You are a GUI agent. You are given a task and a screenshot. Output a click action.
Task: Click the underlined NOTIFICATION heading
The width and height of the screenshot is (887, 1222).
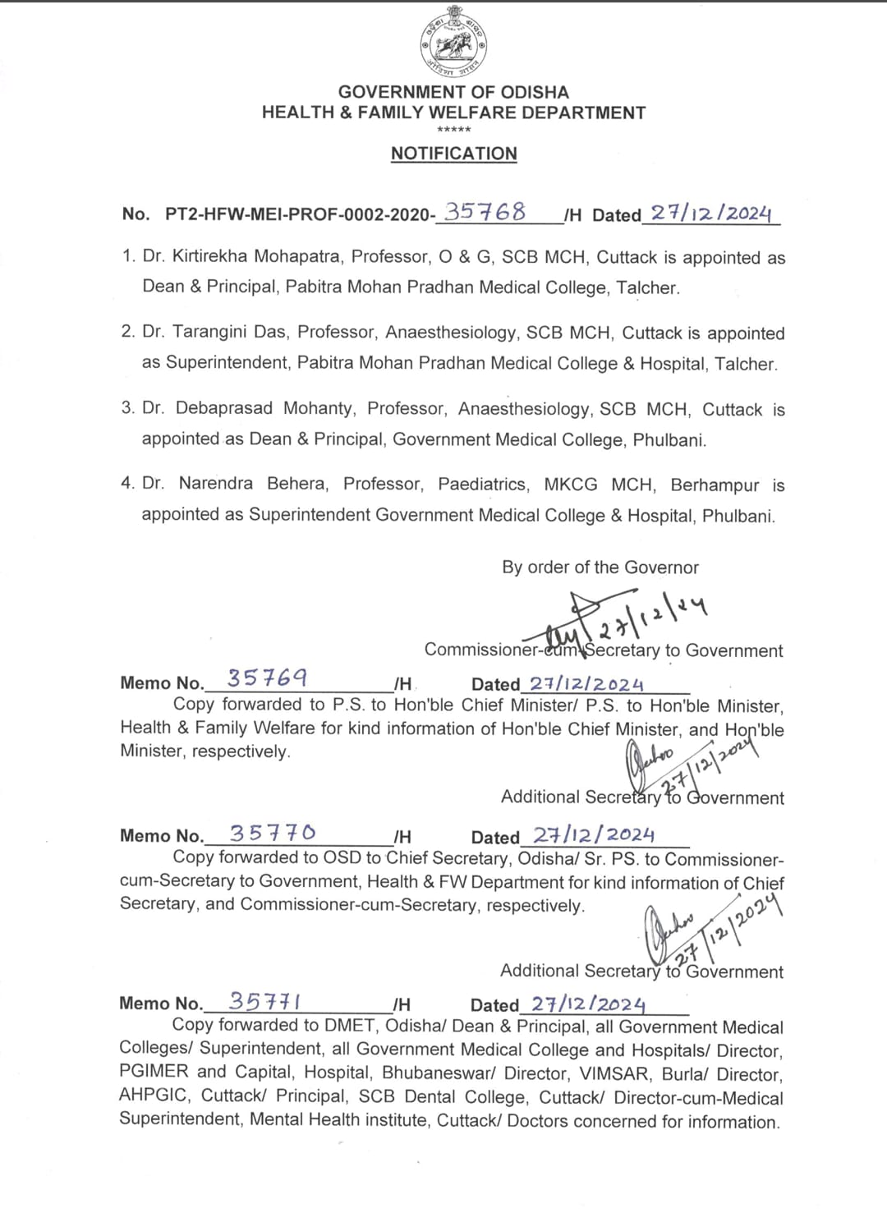click(454, 154)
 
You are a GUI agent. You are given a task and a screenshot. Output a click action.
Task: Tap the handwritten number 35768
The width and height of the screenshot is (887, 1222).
click(485, 212)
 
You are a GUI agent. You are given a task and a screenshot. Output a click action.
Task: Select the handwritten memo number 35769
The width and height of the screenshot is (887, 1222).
click(267, 678)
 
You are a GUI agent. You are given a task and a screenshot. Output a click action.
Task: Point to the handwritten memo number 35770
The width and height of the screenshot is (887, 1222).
click(272, 833)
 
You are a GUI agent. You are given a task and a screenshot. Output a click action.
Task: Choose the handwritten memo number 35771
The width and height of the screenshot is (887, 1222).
click(264, 1002)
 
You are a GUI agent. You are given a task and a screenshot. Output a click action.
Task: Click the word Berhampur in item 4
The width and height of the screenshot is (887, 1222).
click(715, 485)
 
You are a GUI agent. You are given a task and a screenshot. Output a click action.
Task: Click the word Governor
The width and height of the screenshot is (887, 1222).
click(661, 567)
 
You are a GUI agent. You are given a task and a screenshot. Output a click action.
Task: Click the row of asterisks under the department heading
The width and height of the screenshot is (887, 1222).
click(454, 131)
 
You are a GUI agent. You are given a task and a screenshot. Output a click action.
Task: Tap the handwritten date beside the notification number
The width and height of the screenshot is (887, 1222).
click(711, 214)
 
